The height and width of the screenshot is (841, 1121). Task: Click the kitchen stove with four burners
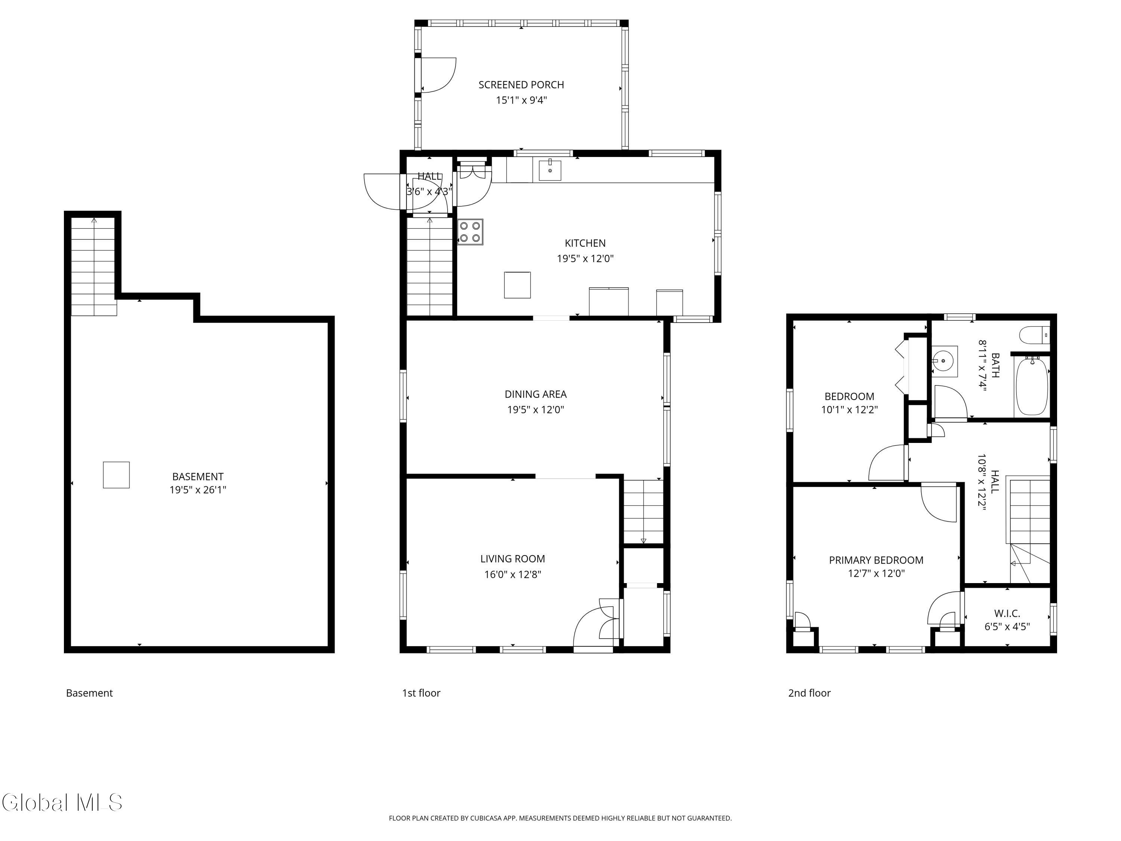[x=470, y=232]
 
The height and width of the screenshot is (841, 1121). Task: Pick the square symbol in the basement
[x=116, y=475]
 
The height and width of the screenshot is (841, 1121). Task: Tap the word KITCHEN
[x=585, y=243]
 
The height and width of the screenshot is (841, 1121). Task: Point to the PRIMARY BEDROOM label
[x=876, y=560]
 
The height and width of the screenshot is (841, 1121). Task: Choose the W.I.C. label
[x=1007, y=613]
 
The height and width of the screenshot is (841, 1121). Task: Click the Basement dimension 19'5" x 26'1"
[x=198, y=490]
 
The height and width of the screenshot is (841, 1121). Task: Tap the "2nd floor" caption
[x=809, y=693]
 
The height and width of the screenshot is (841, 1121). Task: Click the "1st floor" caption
[x=421, y=693]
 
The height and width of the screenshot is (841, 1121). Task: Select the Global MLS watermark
[x=62, y=803]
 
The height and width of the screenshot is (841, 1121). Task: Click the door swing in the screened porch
[x=438, y=75]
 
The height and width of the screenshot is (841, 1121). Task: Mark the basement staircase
[x=94, y=266]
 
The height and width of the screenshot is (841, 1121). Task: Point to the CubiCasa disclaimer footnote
[x=560, y=818]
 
